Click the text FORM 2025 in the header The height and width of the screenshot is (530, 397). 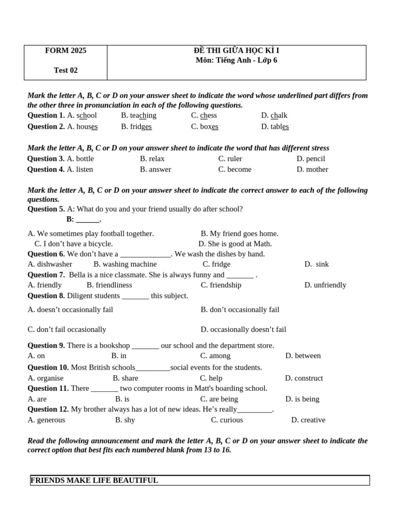coord(66,51)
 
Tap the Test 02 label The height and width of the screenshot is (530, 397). coord(66,70)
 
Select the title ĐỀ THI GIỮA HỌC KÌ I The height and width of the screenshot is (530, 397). coord(236,51)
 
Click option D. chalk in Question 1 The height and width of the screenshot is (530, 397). coord(274,115)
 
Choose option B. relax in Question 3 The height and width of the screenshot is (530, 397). coord(152,159)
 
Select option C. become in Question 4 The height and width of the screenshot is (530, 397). coord(235,170)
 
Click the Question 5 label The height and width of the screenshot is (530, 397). coord(46,209)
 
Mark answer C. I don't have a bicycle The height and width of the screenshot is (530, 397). coord(73,244)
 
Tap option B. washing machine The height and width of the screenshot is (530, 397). coord(125,264)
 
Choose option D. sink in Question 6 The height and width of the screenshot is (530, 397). coord(316,264)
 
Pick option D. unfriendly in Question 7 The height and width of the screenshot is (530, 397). coord(325,285)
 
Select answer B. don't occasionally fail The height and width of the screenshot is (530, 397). coord(240,310)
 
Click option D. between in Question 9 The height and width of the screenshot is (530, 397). coord(303,356)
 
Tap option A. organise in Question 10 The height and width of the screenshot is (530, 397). coord(45,378)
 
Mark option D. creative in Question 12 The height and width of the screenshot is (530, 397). coord(308,420)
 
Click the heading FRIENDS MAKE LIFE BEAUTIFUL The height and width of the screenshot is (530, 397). coord(94,480)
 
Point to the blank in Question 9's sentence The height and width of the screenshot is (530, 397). coord(145,346)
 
